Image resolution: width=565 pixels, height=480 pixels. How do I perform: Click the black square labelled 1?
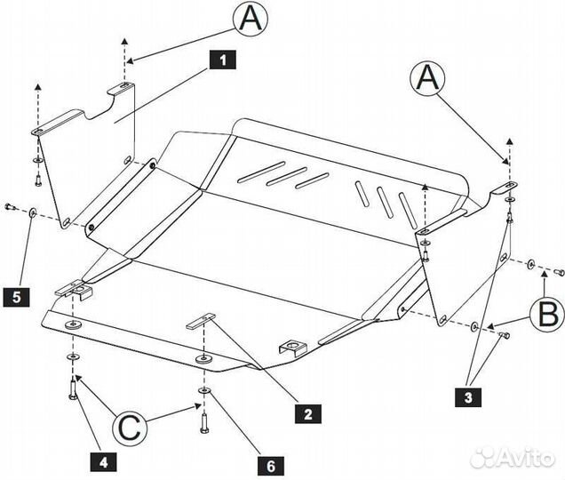(222, 60)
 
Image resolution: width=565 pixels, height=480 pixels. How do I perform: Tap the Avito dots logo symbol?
(484, 457)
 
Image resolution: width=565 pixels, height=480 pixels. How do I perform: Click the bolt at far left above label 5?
(10, 207)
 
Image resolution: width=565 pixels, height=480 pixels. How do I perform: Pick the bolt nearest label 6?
(203, 419)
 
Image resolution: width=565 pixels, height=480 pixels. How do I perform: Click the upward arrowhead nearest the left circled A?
(125, 43)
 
